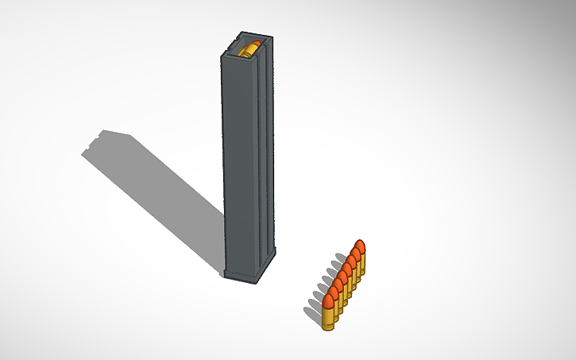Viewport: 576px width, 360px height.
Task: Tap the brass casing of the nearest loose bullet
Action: tap(329, 319)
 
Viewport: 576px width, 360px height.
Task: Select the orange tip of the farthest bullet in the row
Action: tap(359, 246)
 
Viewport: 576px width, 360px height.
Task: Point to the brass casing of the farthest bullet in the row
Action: tap(362, 264)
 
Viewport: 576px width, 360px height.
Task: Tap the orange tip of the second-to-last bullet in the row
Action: tap(354, 254)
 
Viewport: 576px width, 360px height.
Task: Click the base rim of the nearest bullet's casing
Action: tap(329, 328)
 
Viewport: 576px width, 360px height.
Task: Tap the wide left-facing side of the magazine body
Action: tap(238, 159)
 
